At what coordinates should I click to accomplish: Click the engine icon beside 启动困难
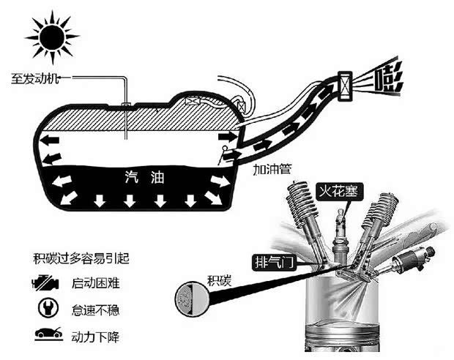pos(45,283)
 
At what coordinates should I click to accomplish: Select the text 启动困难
pos(94,283)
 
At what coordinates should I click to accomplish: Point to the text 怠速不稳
pos(94,310)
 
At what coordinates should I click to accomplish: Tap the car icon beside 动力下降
pos(45,337)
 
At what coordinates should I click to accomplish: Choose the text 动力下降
pos(94,337)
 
